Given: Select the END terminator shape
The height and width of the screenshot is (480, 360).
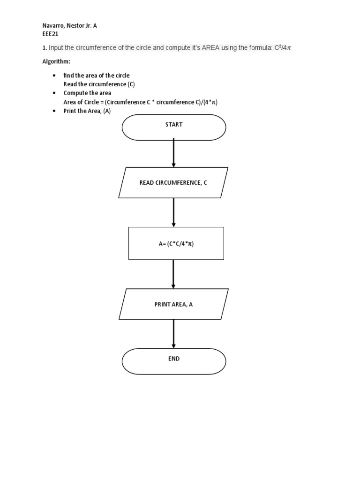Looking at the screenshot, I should coord(173,361).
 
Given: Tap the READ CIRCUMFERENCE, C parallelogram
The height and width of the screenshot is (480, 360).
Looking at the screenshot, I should coord(173,182).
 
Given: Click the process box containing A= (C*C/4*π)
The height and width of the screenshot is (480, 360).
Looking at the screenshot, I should coord(176,243).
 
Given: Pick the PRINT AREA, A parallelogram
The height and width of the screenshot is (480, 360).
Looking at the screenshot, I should coord(173,304).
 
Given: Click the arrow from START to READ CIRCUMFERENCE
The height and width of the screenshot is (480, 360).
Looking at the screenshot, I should coord(174,153).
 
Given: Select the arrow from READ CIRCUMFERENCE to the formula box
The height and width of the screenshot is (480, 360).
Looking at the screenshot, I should coord(174,212).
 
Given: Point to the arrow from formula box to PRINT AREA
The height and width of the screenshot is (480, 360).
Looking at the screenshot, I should coord(174,274).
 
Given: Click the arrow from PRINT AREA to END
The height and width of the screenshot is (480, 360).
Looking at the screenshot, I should coord(174,334).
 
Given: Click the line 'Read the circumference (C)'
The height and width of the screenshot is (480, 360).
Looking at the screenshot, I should coord(99,84).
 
